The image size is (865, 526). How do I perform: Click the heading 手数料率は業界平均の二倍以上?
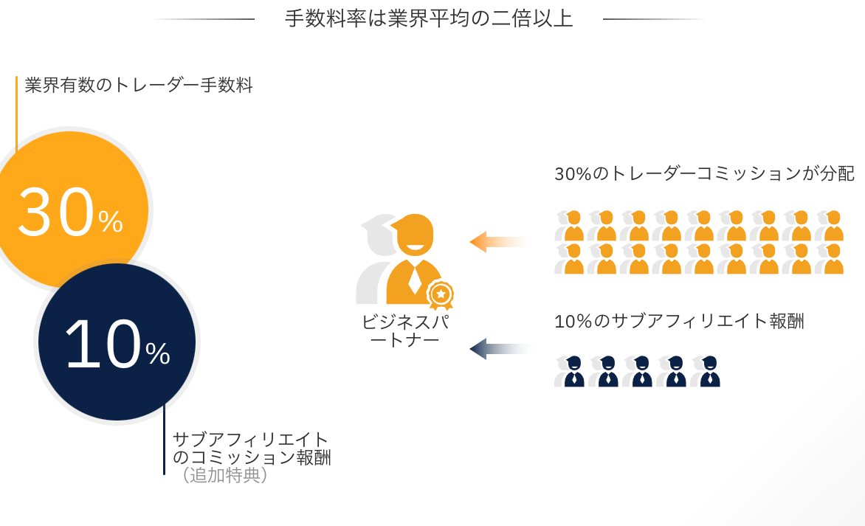click(x=429, y=18)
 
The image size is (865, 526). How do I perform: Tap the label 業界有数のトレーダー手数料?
click(x=139, y=86)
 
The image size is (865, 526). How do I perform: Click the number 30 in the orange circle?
click(x=56, y=212)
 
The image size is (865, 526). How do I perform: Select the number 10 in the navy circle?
click(x=103, y=345)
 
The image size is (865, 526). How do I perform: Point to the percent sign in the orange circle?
click(x=110, y=221)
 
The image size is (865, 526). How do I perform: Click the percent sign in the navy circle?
click(x=158, y=353)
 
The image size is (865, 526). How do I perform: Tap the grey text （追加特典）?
click(x=224, y=474)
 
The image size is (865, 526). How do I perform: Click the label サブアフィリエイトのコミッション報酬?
click(x=252, y=449)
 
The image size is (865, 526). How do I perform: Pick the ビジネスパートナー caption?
click(x=405, y=331)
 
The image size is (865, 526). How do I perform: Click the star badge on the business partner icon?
click(x=440, y=294)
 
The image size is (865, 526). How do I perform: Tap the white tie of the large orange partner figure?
click(x=414, y=280)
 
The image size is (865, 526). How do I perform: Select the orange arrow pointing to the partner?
click(x=500, y=242)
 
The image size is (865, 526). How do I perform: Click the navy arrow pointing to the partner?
click(x=500, y=348)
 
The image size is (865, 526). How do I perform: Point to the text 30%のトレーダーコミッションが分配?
click(x=704, y=173)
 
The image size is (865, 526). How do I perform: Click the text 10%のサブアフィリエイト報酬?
click(x=679, y=321)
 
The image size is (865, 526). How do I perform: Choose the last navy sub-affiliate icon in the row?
click(x=706, y=371)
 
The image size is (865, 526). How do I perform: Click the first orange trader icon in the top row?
click(x=570, y=226)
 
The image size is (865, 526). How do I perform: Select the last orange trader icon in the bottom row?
click(x=830, y=259)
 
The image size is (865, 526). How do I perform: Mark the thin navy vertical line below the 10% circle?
click(x=164, y=439)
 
